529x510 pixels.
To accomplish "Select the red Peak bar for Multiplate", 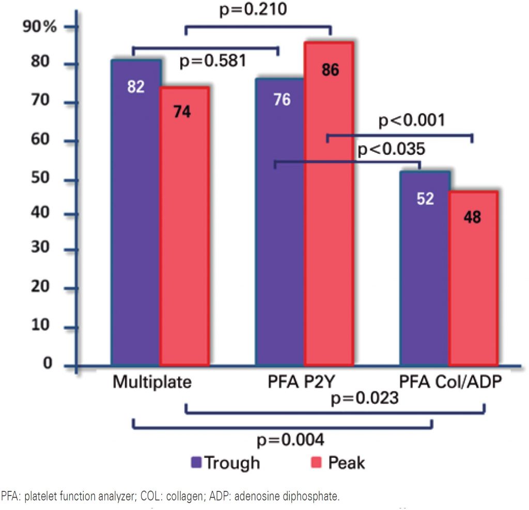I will click(x=185, y=227).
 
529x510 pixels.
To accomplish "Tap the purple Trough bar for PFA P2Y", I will click(x=279, y=222).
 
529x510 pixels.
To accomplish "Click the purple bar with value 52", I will click(x=424, y=268).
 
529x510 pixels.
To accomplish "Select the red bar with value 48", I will click(x=473, y=279).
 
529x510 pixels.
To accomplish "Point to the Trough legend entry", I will click(x=225, y=463).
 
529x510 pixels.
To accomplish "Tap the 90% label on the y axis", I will click(x=39, y=27).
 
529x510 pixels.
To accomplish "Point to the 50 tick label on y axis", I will click(x=45, y=180).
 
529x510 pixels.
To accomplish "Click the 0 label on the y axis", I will click(x=48, y=364).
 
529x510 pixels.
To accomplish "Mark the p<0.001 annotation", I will click(x=411, y=121).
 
